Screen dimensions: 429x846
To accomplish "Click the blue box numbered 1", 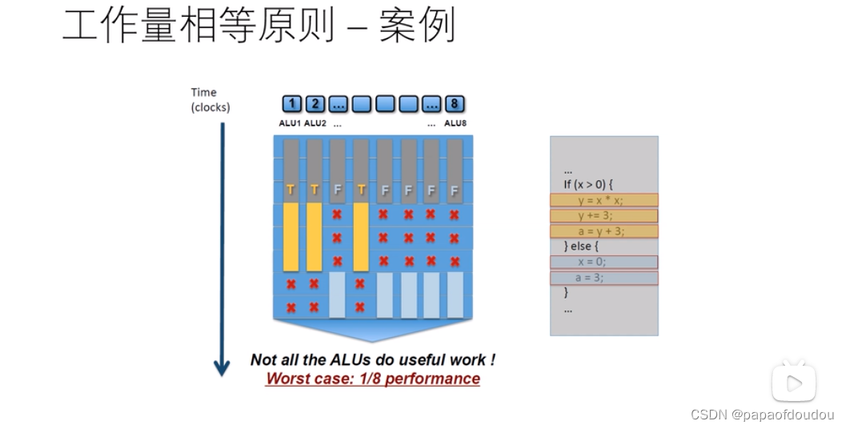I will click(292, 104).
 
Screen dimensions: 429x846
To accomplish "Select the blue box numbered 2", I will click(315, 104).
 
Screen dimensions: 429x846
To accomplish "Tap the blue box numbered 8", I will click(455, 104).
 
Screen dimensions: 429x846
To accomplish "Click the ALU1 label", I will click(290, 123).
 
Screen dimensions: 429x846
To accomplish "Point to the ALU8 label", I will click(455, 123).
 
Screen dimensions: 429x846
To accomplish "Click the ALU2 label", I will click(315, 123).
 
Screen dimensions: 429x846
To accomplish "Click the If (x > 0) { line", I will click(588, 185).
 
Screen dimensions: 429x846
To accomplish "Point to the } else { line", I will click(582, 247).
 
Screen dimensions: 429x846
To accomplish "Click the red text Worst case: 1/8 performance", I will click(373, 379).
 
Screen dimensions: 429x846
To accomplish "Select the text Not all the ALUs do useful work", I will click(373, 361).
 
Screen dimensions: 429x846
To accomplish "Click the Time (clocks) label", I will click(210, 99).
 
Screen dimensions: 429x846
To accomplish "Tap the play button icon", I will click(793, 383).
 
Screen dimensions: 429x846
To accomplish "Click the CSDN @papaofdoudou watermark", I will click(762, 415).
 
